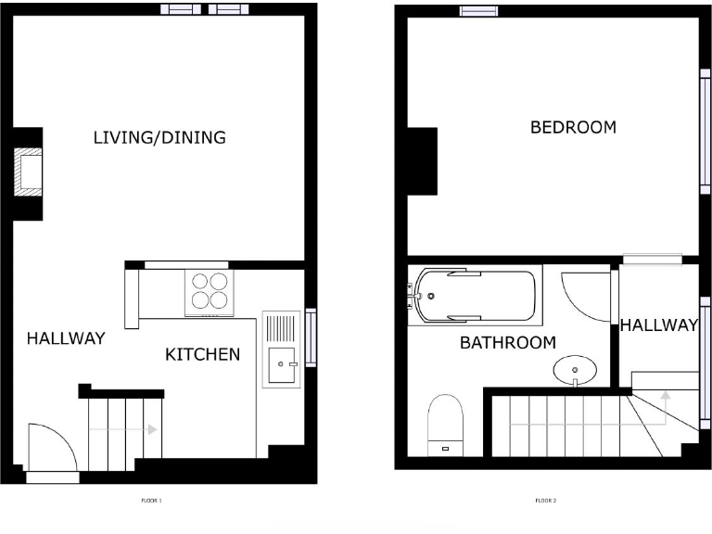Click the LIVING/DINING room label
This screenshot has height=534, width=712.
click(159, 138)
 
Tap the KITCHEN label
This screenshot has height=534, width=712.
click(202, 354)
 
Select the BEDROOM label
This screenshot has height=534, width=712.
click(573, 128)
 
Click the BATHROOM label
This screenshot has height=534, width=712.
click(508, 343)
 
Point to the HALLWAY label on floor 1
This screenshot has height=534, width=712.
click(65, 338)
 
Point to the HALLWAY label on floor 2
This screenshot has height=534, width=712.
click(658, 325)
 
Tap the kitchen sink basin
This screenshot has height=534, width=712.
click(280, 364)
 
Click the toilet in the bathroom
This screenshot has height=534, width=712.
click(446, 424)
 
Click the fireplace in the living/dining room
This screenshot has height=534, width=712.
click(29, 172)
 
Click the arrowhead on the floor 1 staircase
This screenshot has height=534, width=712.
click(150, 429)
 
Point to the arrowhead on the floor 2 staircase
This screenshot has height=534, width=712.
click(665, 396)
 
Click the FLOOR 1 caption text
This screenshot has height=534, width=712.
click(152, 502)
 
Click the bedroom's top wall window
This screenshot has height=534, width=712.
click(478, 11)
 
